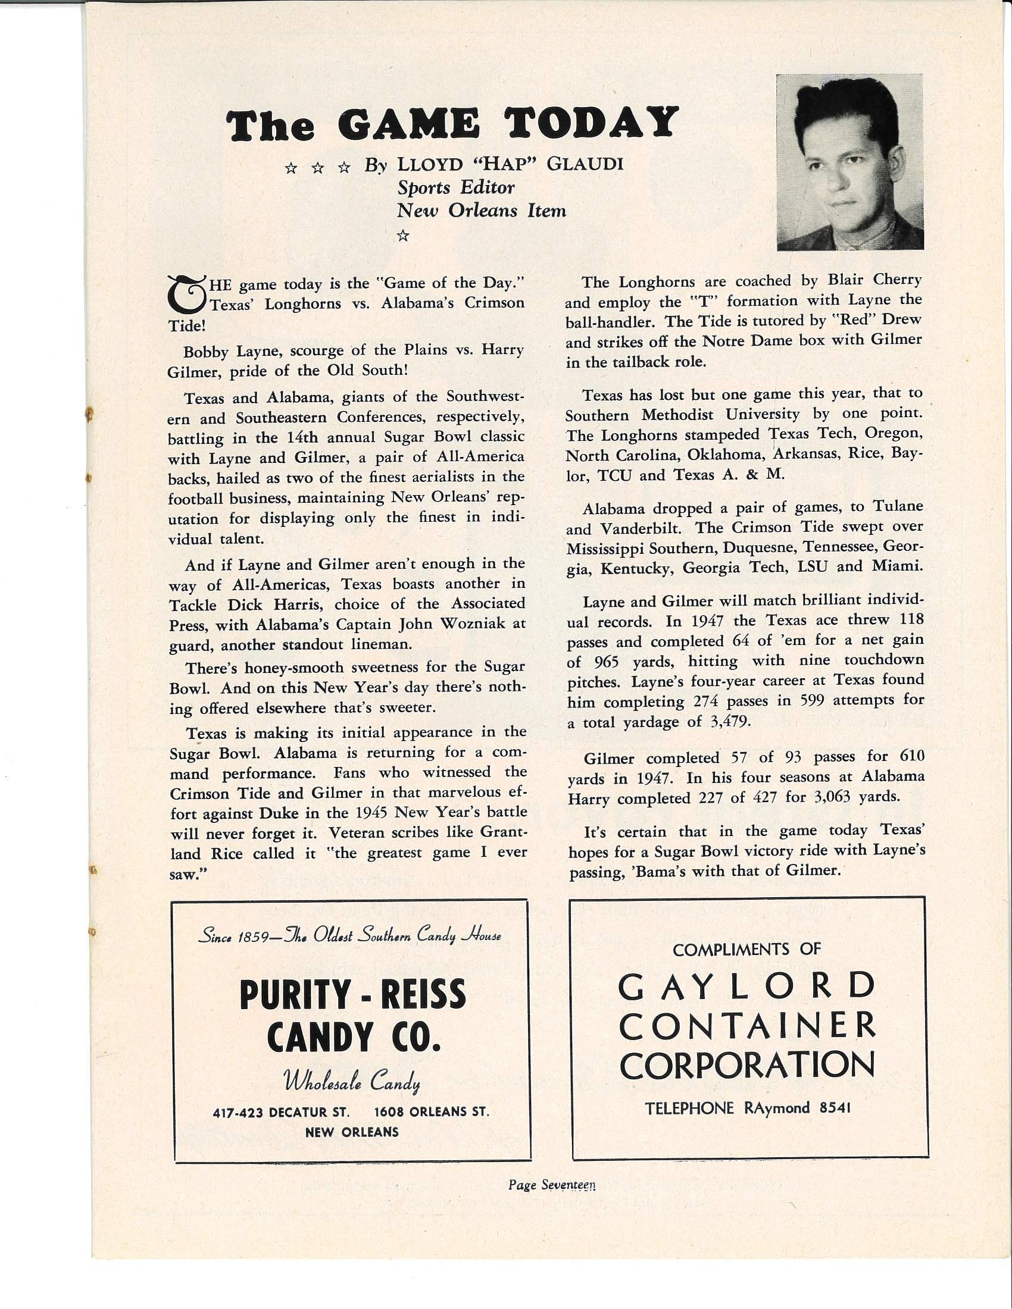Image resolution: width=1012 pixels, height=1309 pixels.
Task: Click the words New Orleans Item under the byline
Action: [x=482, y=211]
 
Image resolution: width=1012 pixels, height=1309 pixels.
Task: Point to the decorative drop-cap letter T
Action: [x=186, y=294]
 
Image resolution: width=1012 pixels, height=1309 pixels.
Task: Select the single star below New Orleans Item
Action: [x=403, y=237]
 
